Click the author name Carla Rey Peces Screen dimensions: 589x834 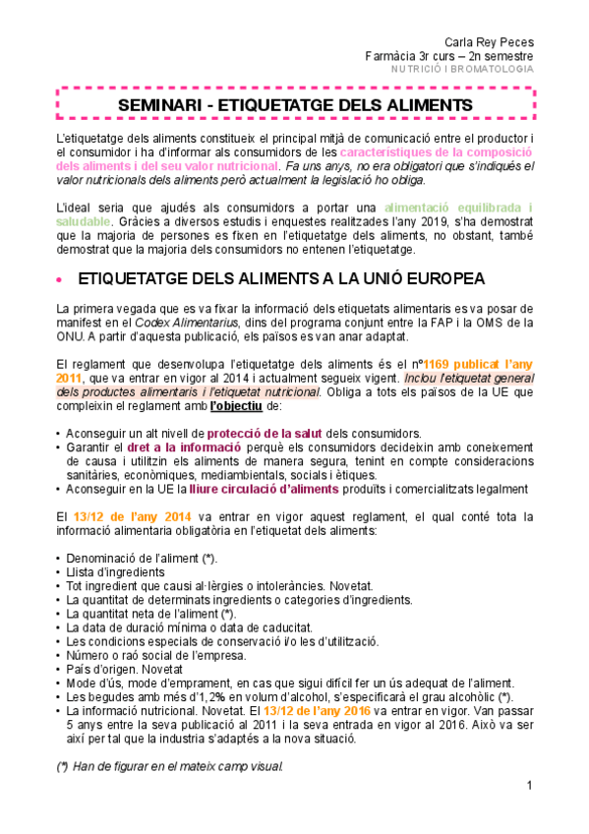click(x=490, y=41)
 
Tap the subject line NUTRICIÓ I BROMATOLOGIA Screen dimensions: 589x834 click(x=463, y=69)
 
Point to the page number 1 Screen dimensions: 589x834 click(x=529, y=786)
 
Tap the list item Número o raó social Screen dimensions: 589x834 click(x=156, y=655)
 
